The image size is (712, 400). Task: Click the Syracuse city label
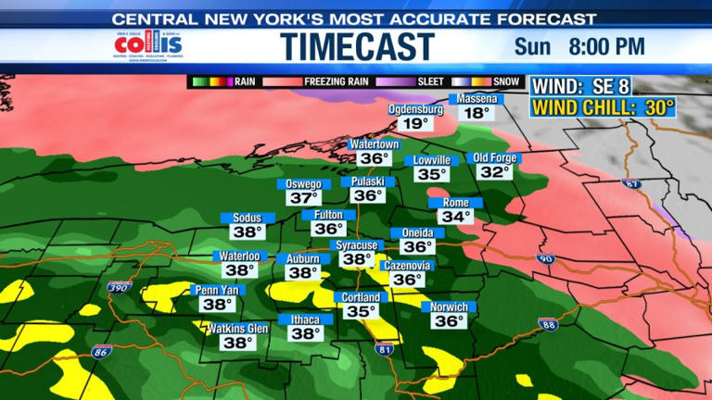click(356, 245)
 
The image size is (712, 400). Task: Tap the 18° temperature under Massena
click(477, 114)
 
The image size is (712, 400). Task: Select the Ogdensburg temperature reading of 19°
click(414, 123)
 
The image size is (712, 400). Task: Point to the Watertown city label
click(373, 145)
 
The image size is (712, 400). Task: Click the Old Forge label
click(493, 158)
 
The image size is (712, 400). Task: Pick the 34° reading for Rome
click(455, 218)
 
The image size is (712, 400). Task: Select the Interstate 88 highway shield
click(548, 323)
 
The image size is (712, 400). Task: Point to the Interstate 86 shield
click(100, 352)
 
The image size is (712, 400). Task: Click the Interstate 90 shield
click(546, 258)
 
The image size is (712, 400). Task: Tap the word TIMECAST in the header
click(358, 46)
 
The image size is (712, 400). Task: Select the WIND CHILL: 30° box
click(603, 107)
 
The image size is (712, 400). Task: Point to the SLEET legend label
click(428, 81)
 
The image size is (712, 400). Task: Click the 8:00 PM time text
click(611, 46)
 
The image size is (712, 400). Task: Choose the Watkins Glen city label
click(237, 328)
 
